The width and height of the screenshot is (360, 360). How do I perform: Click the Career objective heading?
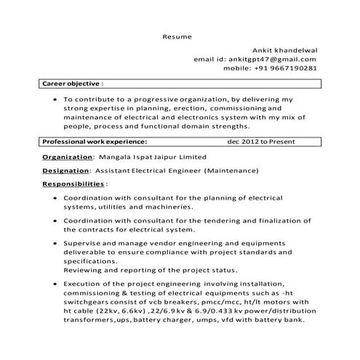[73, 84]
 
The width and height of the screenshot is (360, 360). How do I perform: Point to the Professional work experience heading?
[95, 143]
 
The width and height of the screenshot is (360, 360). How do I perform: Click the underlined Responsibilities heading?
[73, 185]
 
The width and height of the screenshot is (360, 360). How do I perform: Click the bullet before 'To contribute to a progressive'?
[56, 98]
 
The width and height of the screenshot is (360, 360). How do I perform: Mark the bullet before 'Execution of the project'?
[56, 284]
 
